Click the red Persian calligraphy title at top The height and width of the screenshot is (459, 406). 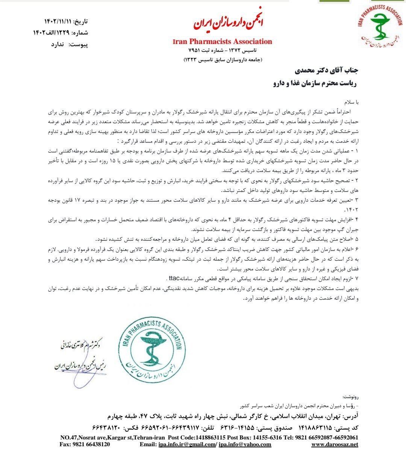tap(229, 24)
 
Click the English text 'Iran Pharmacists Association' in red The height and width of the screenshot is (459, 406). tap(222, 41)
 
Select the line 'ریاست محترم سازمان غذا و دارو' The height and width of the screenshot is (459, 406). tap(314, 83)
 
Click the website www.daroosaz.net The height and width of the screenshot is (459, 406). tap(335, 444)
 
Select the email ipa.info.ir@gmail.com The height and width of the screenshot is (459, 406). tap(186, 444)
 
